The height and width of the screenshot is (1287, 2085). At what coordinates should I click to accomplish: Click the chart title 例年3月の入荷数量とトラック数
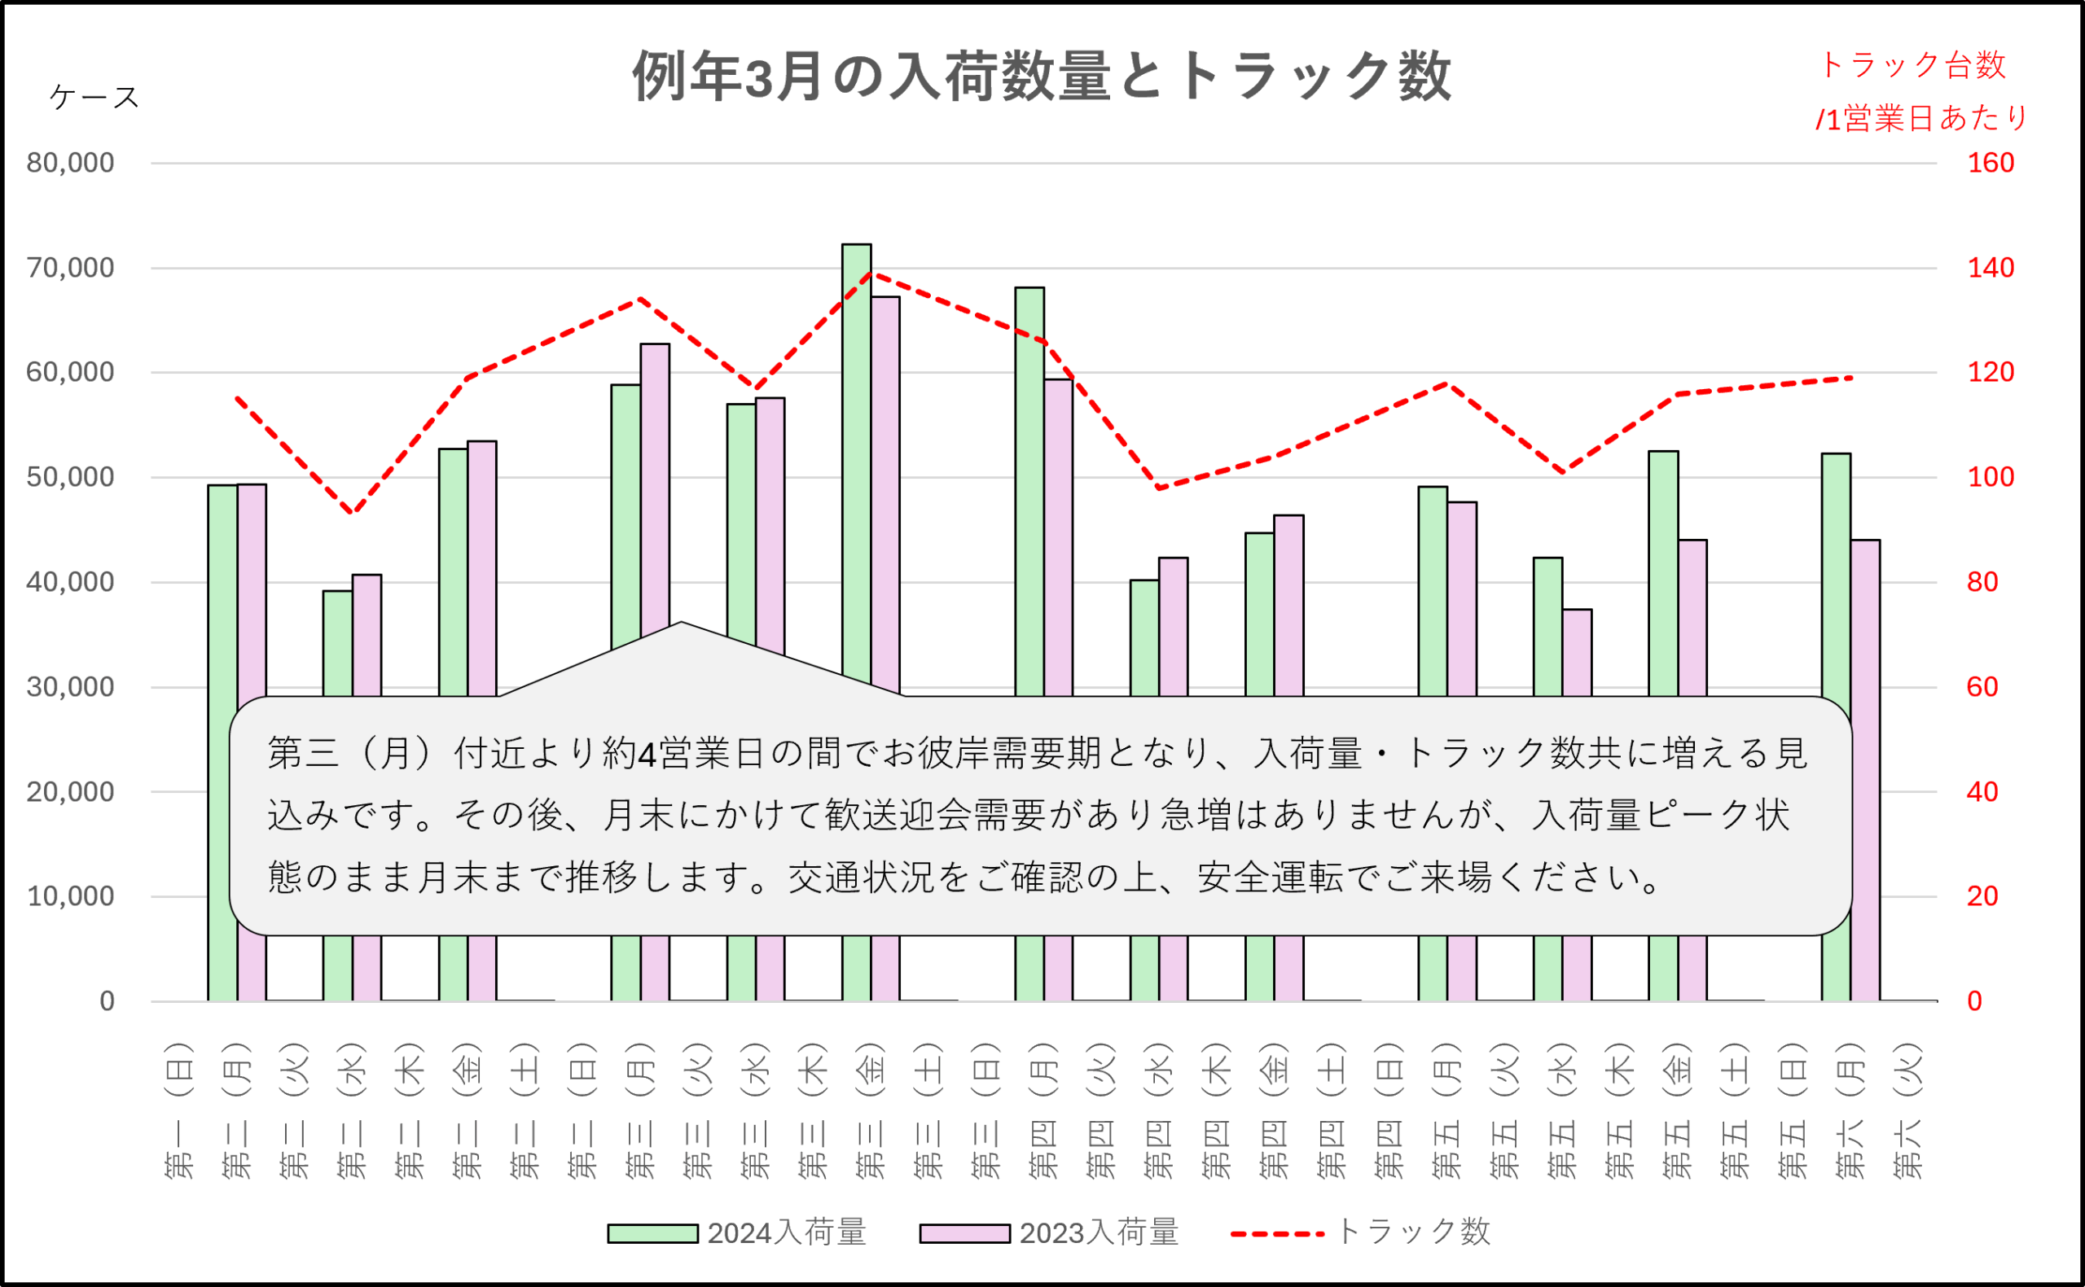[x=1040, y=77]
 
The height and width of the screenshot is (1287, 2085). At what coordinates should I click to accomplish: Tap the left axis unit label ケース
[x=94, y=97]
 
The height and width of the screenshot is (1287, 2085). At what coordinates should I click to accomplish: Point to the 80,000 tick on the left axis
[x=71, y=163]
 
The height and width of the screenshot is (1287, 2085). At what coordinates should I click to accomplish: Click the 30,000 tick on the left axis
[x=71, y=687]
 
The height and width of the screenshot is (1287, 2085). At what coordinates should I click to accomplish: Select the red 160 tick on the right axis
[x=1991, y=163]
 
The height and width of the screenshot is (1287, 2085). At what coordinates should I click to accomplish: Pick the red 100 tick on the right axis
[x=1991, y=477]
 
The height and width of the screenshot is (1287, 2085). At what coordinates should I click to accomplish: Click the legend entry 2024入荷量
[x=736, y=1232]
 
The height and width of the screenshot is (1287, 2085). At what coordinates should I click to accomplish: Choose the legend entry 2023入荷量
[x=1049, y=1232]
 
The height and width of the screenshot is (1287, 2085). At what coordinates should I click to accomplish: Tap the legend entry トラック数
[x=1360, y=1232]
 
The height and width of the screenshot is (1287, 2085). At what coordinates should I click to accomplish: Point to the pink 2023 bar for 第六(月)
[x=1865, y=630]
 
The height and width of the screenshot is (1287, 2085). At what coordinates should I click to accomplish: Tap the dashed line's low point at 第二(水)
[x=353, y=512]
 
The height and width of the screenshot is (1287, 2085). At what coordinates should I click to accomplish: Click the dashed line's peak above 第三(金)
[x=870, y=274]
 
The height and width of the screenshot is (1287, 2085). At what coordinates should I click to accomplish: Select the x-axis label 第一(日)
[x=179, y=1110]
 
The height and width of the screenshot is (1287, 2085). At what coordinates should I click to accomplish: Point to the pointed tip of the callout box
[x=681, y=623]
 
